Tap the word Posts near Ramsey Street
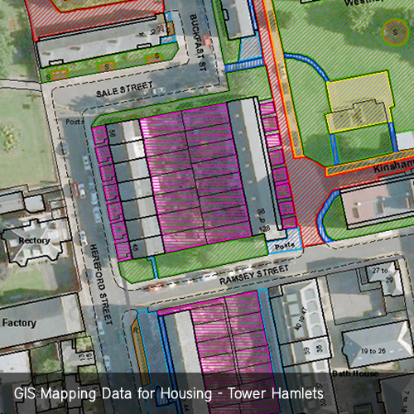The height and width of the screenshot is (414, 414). [x=285, y=246]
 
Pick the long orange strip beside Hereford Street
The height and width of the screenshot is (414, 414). [x=138, y=348]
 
